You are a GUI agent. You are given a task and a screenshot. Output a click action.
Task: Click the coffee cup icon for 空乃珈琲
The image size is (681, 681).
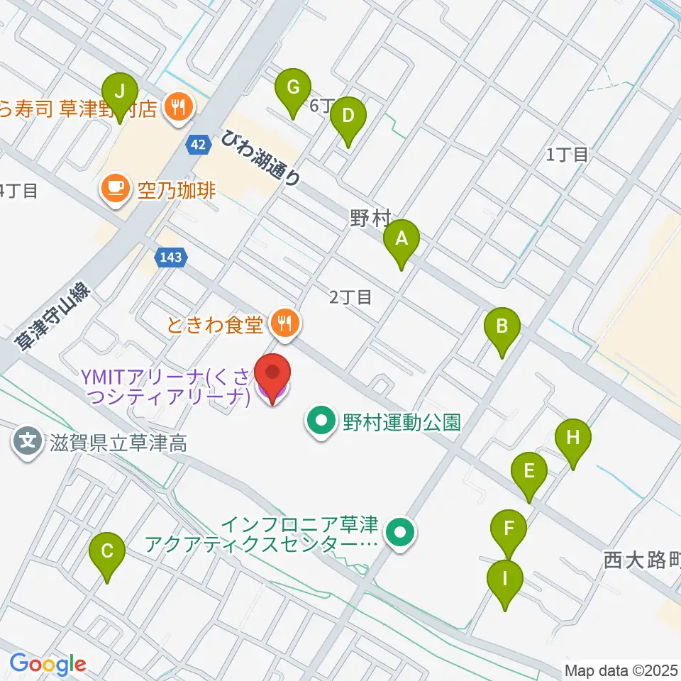point(115,189)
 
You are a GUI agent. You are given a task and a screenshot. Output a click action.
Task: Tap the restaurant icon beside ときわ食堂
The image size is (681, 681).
point(285,324)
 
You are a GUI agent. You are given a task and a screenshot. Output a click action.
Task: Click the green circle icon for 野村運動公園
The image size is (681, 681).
point(321,423)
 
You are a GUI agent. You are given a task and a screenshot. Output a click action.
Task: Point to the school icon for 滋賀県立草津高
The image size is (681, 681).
point(28,445)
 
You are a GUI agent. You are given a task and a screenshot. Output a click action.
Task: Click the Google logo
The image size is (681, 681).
point(48,664)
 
